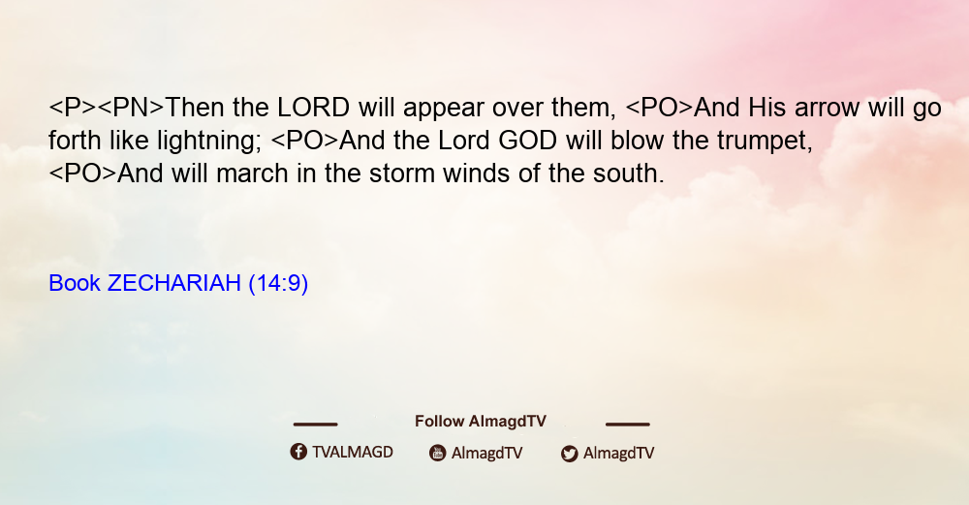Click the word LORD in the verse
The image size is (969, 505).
[313, 108]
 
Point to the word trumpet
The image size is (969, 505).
[765, 142]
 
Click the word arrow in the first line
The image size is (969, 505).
[827, 109]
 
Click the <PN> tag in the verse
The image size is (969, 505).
[131, 108]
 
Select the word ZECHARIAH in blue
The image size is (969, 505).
[173, 283]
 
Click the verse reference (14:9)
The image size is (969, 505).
[278, 284]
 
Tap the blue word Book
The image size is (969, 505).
[75, 283]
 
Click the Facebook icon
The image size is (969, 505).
[298, 452]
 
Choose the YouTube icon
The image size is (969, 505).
[438, 453]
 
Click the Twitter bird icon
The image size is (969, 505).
[569, 454]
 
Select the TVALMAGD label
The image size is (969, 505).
[353, 453]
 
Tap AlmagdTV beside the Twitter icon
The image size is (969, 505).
[618, 454]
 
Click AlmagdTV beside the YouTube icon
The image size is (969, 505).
[487, 454]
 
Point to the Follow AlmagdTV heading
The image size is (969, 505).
[481, 422]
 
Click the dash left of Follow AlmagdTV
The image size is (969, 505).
[315, 424]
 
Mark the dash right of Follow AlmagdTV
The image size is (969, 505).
[628, 424]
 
